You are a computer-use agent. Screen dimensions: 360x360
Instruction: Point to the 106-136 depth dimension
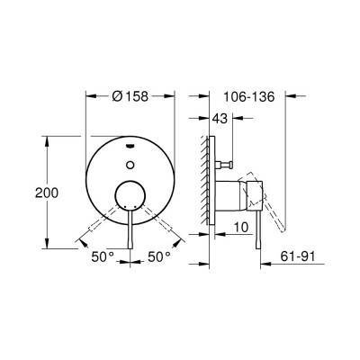pos(243,96)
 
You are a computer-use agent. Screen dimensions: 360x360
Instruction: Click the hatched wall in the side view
pos(206,180)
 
